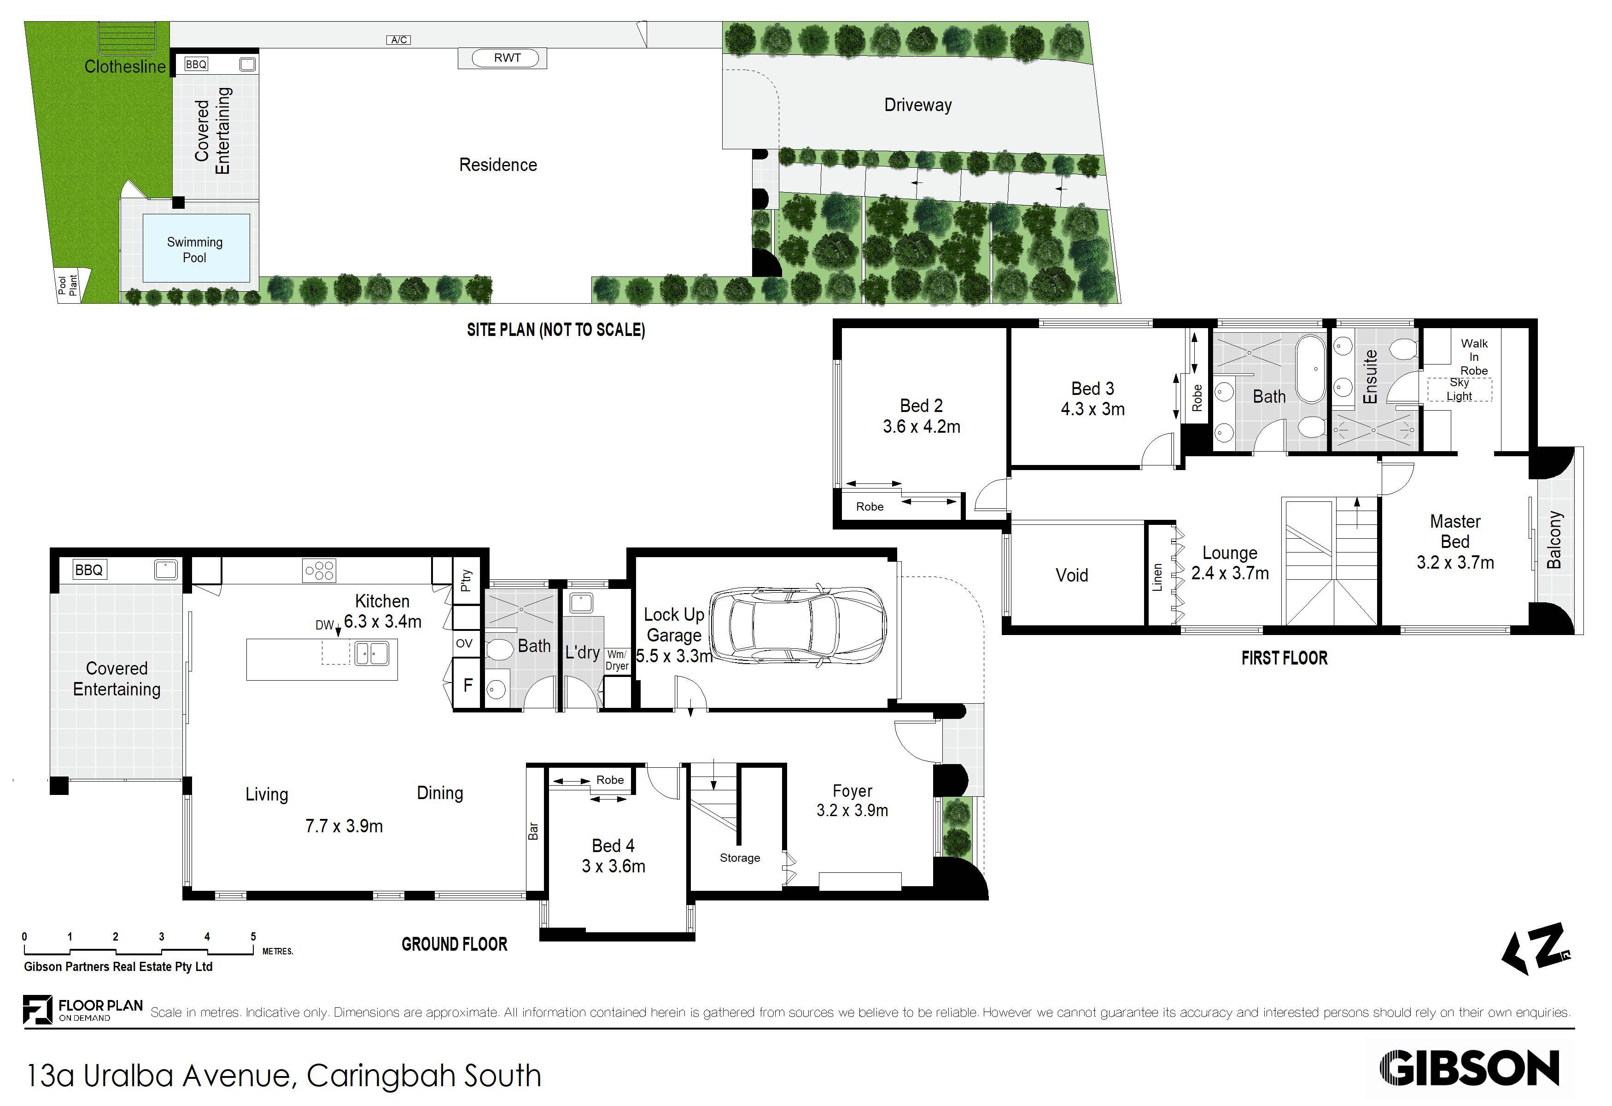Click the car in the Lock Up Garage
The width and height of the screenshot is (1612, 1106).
[x=796, y=628]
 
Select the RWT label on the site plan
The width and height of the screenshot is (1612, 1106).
[x=507, y=58]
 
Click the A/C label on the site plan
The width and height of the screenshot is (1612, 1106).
[x=399, y=40]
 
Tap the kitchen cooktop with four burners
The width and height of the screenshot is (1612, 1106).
[x=319, y=571]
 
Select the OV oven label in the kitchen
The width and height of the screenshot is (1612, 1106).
[x=464, y=643]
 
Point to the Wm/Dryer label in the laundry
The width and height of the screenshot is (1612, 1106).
[x=617, y=660]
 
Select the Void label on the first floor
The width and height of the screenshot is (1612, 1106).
[x=1072, y=575]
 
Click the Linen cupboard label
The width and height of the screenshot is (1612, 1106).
[x=1157, y=577]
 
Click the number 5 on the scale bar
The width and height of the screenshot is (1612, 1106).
[x=253, y=937]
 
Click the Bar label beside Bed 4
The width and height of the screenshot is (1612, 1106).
[x=533, y=830]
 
